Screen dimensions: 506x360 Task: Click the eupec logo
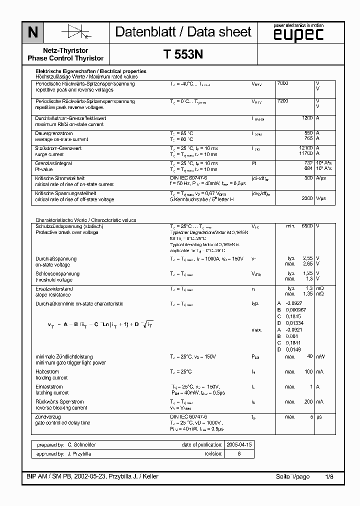click(x=298, y=33)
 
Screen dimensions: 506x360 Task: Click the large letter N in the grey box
click(x=32, y=33)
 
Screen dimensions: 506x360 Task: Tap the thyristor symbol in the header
click(x=75, y=33)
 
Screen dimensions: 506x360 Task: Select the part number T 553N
click(x=183, y=55)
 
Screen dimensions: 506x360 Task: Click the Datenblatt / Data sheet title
click(x=183, y=32)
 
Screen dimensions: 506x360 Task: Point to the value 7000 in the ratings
click(x=282, y=83)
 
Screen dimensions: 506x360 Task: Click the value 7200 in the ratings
click(x=282, y=101)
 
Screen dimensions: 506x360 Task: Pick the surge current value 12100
click(x=305, y=148)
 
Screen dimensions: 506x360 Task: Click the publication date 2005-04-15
click(x=239, y=444)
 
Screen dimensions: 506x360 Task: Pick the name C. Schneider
click(x=81, y=444)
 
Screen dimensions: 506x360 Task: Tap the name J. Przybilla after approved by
click(x=79, y=453)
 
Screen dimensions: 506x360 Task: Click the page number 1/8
click(x=328, y=477)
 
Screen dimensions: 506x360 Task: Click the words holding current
click(x=51, y=378)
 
